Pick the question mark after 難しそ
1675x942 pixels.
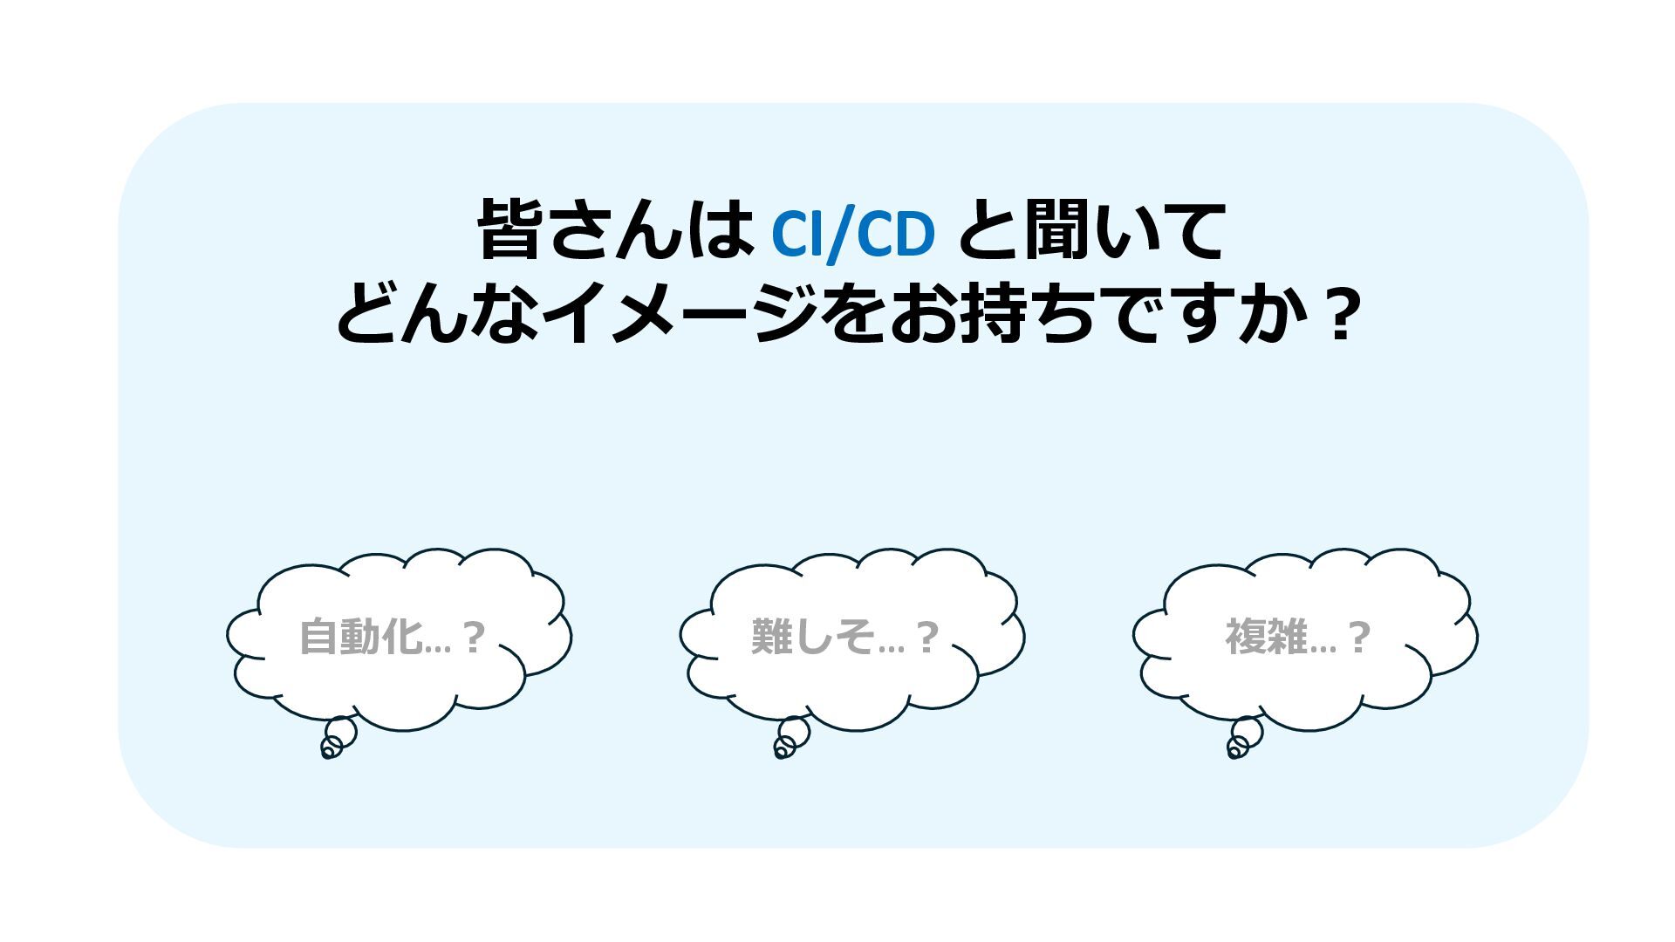926,638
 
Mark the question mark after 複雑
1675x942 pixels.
1359,638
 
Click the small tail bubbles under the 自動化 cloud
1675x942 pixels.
338,738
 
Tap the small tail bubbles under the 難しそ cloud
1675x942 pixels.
790,738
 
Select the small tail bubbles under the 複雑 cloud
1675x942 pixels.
1243,738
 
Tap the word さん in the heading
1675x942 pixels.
616,230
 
